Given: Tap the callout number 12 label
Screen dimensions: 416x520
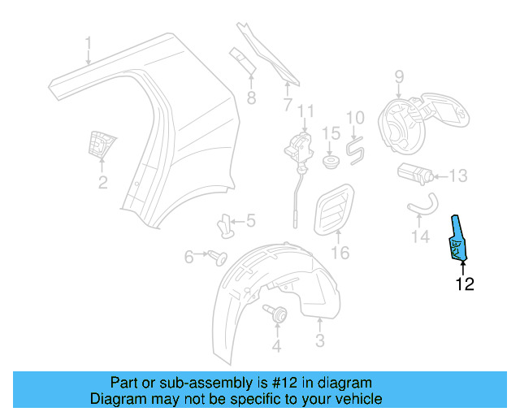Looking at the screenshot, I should pos(464,284).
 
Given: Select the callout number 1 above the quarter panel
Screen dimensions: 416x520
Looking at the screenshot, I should pos(89,42).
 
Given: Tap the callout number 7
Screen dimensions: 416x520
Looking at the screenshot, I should pos(287,105).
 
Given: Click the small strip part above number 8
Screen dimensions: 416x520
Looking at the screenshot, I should pos(242,58).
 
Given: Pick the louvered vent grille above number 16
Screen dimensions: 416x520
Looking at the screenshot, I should pos(333,209).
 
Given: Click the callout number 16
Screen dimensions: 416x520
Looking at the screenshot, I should pos(340,253).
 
